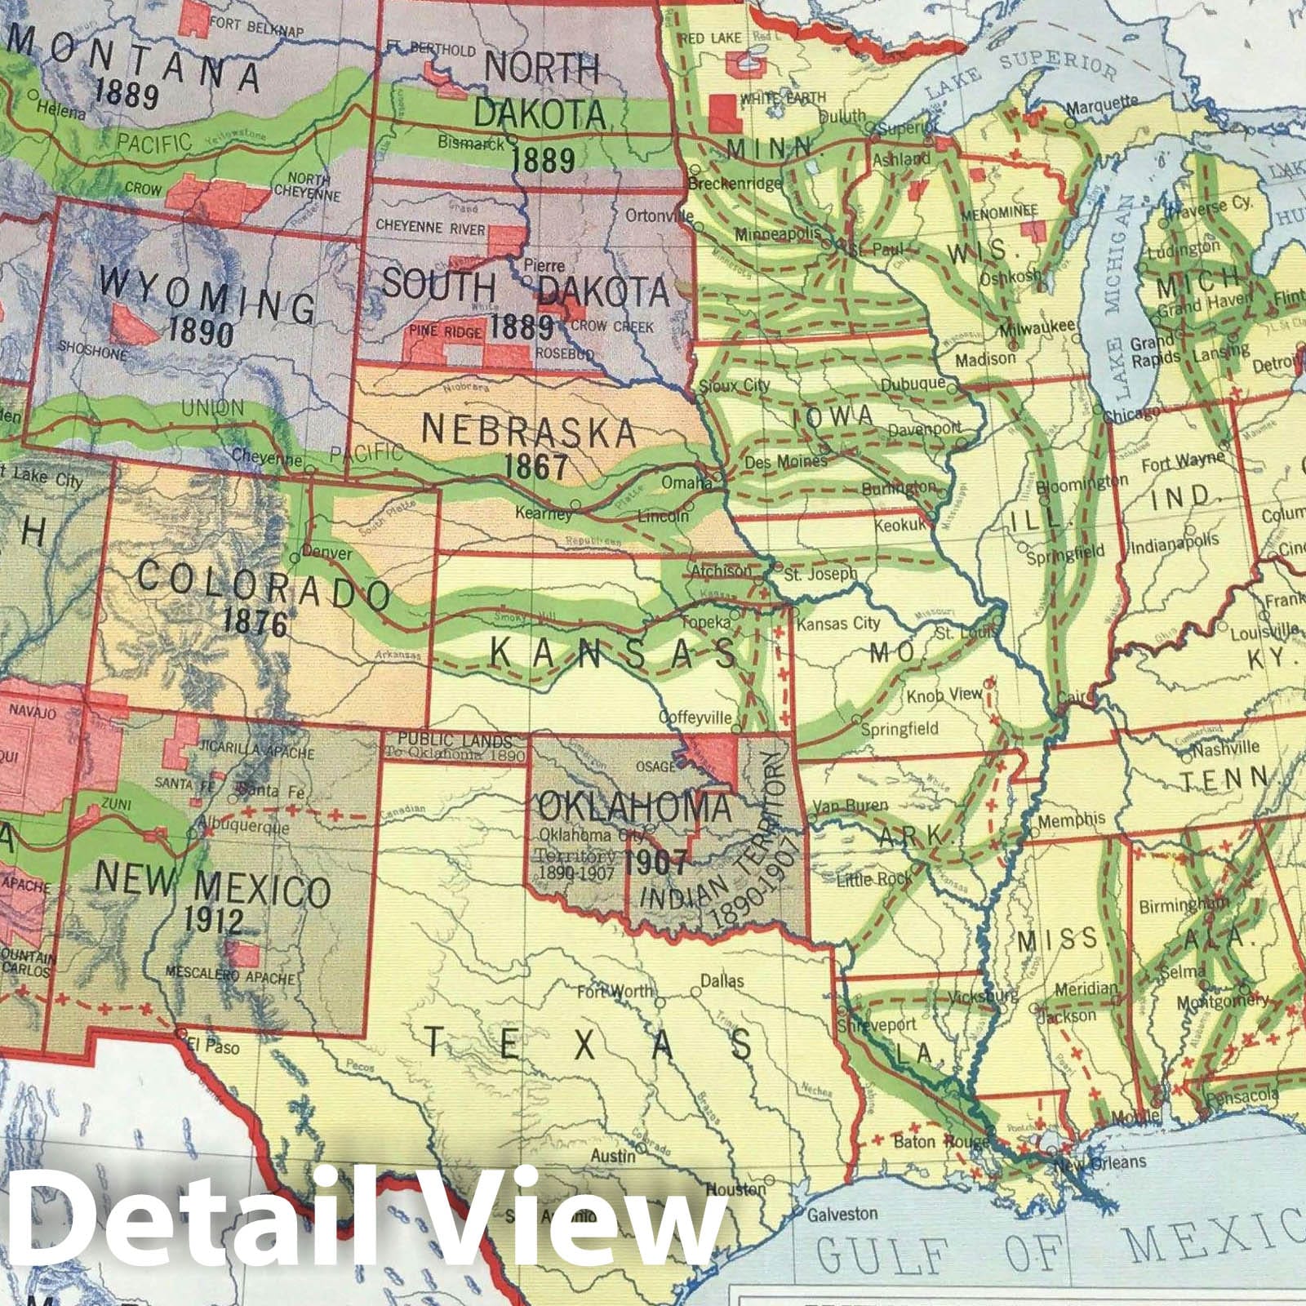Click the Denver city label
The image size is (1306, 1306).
pyautogui.click(x=326, y=553)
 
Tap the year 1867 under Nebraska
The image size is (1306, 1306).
pyautogui.click(x=535, y=466)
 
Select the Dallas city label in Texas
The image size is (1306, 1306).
pyautogui.click(x=722, y=980)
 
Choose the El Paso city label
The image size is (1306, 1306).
pyautogui.click(x=213, y=1047)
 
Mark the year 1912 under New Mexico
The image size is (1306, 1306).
pyautogui.click(x=213, y=921)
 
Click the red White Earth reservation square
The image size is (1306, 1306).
pyautogui.click(x=721, y=113)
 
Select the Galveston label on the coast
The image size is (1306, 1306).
pyautogui.click(x=842, y=1214)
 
